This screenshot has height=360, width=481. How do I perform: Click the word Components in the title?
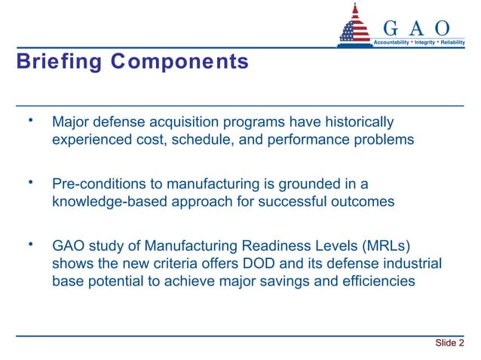click(179, 63)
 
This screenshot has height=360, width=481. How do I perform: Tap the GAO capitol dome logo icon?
click(355, 26)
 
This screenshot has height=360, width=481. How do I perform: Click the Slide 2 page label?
click(449, 343)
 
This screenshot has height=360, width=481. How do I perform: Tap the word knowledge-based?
click(105, 202)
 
